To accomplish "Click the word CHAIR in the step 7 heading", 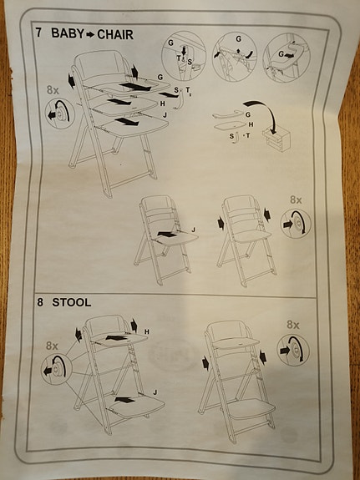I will [123, 34].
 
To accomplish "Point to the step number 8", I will [39, 301].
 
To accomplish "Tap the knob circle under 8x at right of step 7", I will [297, 223].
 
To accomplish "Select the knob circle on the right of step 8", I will [294, 350].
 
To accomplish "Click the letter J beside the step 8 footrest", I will [155, 392].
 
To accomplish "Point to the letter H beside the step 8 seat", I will [146, 332].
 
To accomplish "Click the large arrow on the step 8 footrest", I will [126, 402].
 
